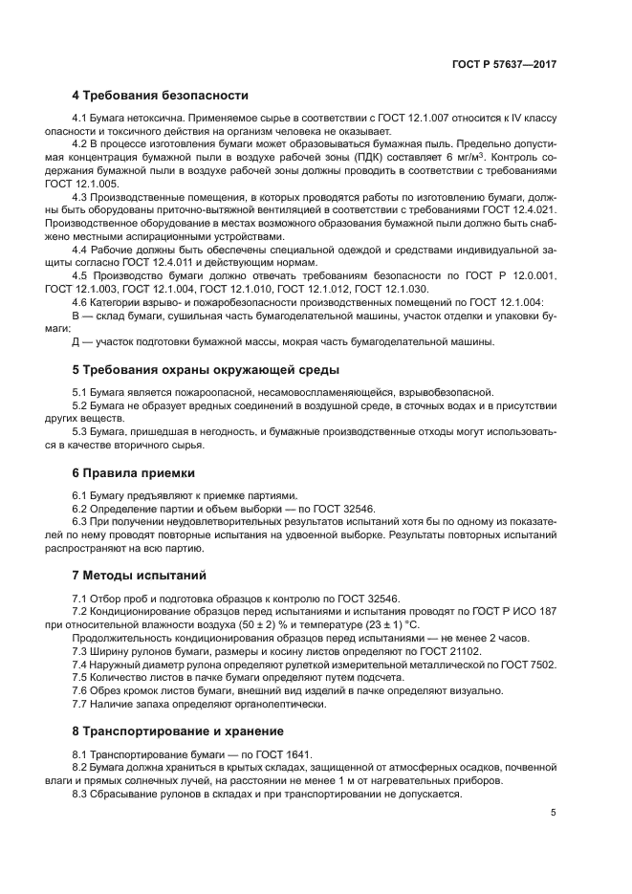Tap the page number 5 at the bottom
[553, 813]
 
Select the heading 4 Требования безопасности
[160, 96]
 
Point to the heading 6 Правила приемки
[133, 472]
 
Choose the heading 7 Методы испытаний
[139, 576]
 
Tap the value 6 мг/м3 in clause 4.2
[482, 157]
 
